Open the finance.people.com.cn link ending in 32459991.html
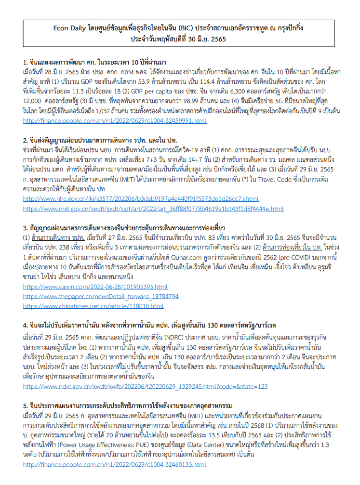pyautogui.click(x=115, y=120)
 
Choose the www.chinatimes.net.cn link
pyautogui.click(x=93, y=305)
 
